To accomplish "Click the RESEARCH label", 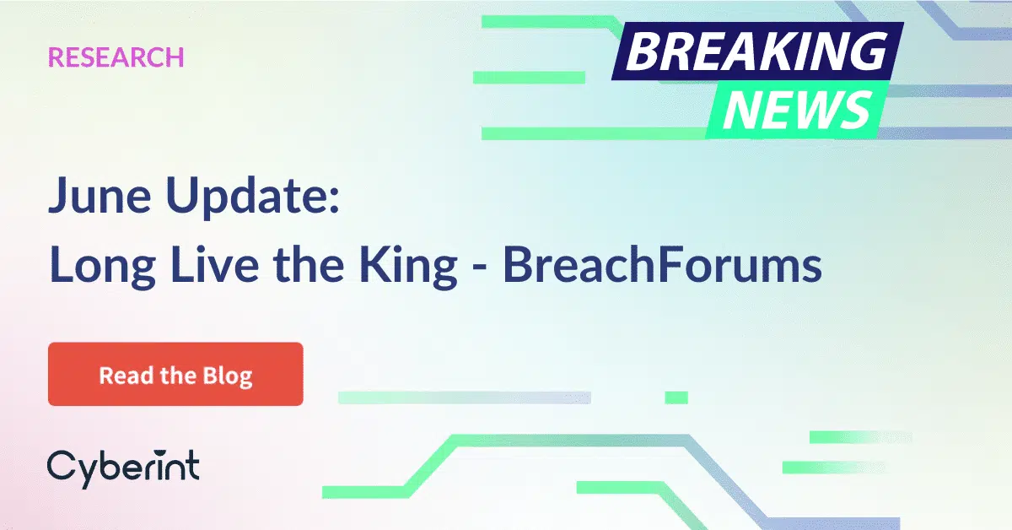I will click(116, 57).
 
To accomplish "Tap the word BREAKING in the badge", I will click(756, 53).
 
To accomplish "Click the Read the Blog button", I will click(175, 375).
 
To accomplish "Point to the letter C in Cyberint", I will click(59, 467).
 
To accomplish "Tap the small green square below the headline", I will click(676, 397).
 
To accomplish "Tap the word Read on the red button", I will click(122, 375).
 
